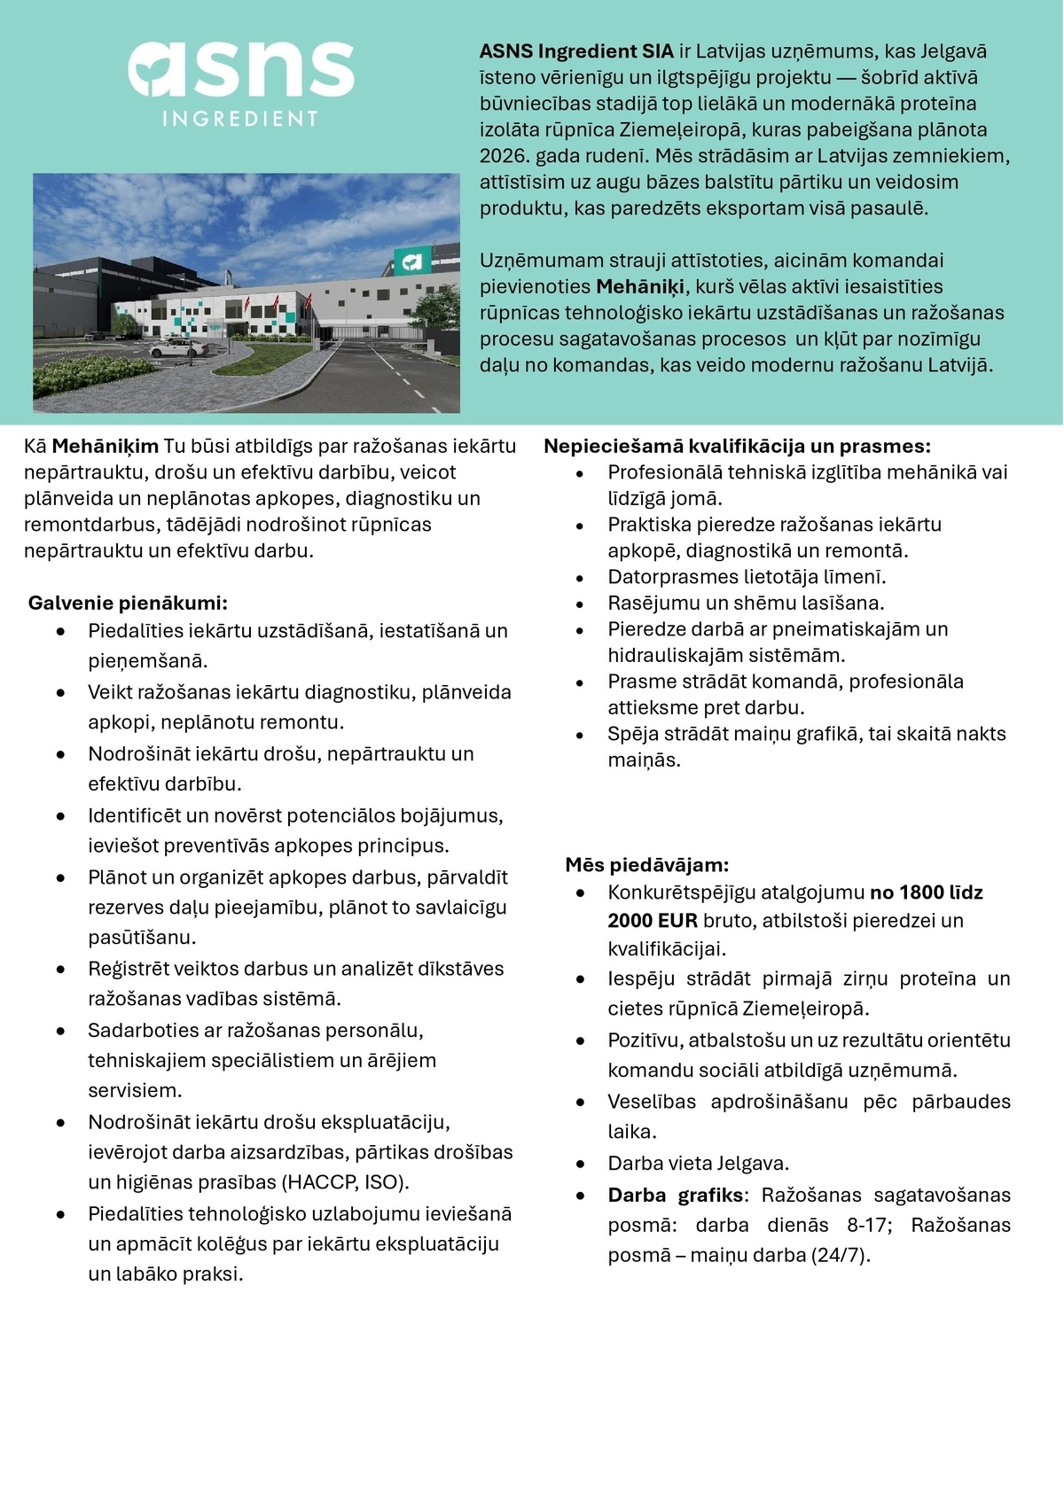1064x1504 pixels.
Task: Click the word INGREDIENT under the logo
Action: [240, 119]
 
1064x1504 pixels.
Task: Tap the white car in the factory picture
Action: [174, 348]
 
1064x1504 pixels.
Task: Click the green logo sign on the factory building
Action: [412, 261]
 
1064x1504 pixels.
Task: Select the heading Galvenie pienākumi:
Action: [128, 604]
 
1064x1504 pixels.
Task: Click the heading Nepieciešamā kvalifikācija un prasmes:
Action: [737, 446]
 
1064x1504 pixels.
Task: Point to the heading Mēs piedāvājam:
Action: [647, 864]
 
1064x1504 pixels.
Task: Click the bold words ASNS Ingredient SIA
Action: [577, 51]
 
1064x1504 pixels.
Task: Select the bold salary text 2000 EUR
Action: [653, 921]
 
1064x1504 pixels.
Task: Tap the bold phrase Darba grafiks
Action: [676, 1195]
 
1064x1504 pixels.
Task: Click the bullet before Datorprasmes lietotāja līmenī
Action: [580, 579]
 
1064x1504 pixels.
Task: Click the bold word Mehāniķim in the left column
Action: [106, 446]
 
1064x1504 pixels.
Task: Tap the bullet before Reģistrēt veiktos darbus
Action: [60, 970]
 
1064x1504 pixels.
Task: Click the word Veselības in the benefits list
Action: [652, 1102]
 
